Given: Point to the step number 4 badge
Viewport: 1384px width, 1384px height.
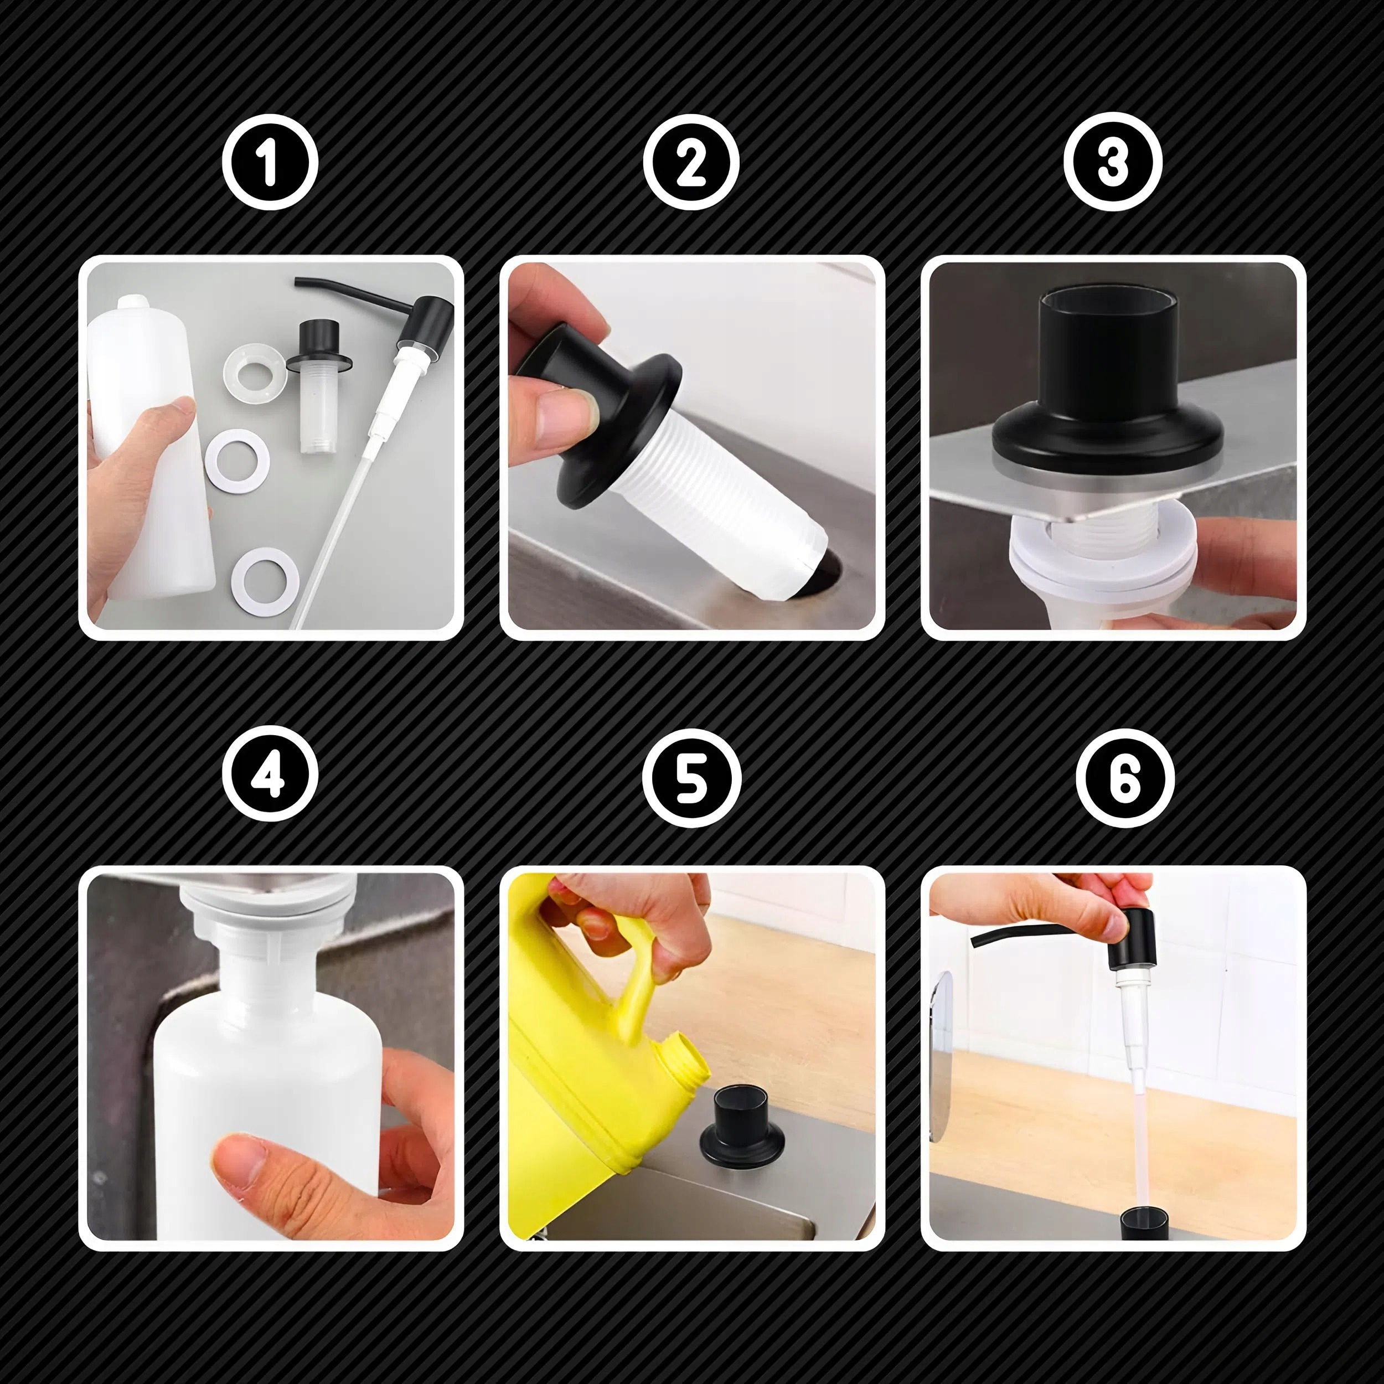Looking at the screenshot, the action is [270, 777].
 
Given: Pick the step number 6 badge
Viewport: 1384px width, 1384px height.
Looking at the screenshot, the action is [1125, 777].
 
